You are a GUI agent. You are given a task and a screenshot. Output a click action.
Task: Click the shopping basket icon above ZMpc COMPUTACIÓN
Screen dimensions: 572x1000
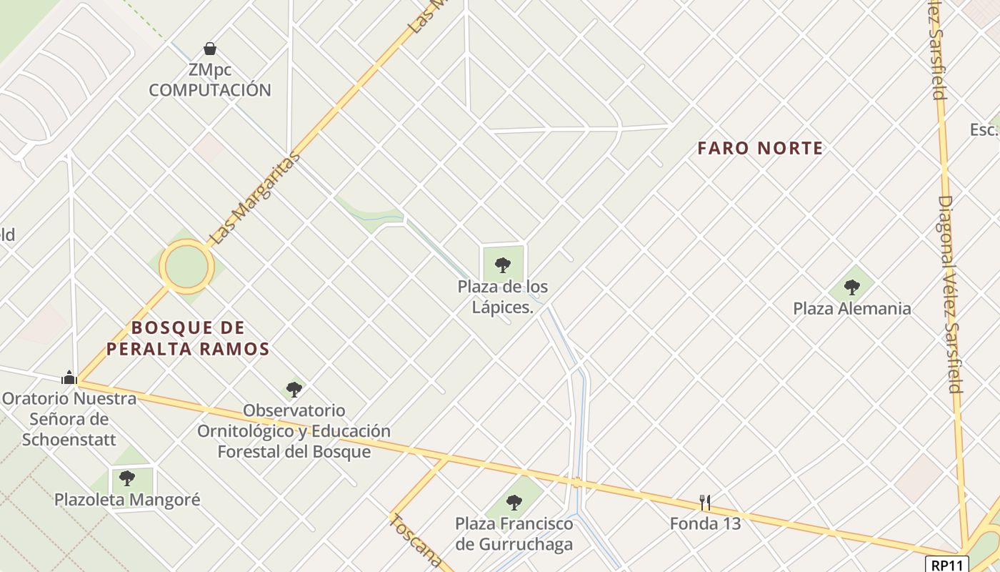210,49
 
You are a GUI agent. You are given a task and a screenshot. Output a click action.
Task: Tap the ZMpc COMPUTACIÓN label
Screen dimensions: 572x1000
210,80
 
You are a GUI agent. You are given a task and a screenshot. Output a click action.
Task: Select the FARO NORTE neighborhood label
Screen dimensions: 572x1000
760,148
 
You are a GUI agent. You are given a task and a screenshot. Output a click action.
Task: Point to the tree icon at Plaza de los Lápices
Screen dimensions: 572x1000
503,265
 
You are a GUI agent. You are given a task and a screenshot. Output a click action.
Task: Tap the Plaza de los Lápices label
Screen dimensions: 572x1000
503,297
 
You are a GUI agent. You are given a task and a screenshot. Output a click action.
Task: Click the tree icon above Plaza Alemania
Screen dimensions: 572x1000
851,287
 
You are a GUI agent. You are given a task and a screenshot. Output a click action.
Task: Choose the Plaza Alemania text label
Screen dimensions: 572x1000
852,309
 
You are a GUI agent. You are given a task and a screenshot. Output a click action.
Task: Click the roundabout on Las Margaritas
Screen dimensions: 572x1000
186,267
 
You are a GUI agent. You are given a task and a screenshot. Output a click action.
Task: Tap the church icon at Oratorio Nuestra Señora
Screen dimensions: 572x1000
69,377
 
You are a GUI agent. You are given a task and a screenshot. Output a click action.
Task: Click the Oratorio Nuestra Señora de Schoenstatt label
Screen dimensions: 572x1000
69,418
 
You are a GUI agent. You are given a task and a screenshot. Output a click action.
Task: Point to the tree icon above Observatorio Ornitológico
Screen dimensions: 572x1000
294,390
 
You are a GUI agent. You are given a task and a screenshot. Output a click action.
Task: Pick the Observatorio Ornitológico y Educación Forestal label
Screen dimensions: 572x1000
294,431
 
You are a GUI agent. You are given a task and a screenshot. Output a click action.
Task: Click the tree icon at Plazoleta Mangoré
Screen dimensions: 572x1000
127,478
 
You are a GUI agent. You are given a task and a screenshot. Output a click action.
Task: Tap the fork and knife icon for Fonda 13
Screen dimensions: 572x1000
705,502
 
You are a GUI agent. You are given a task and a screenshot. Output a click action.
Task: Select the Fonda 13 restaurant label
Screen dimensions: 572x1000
705,523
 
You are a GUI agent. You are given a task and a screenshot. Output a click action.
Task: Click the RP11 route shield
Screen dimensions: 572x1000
947,564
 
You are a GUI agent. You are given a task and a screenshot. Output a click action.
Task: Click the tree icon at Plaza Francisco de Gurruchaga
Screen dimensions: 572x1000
514,502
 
